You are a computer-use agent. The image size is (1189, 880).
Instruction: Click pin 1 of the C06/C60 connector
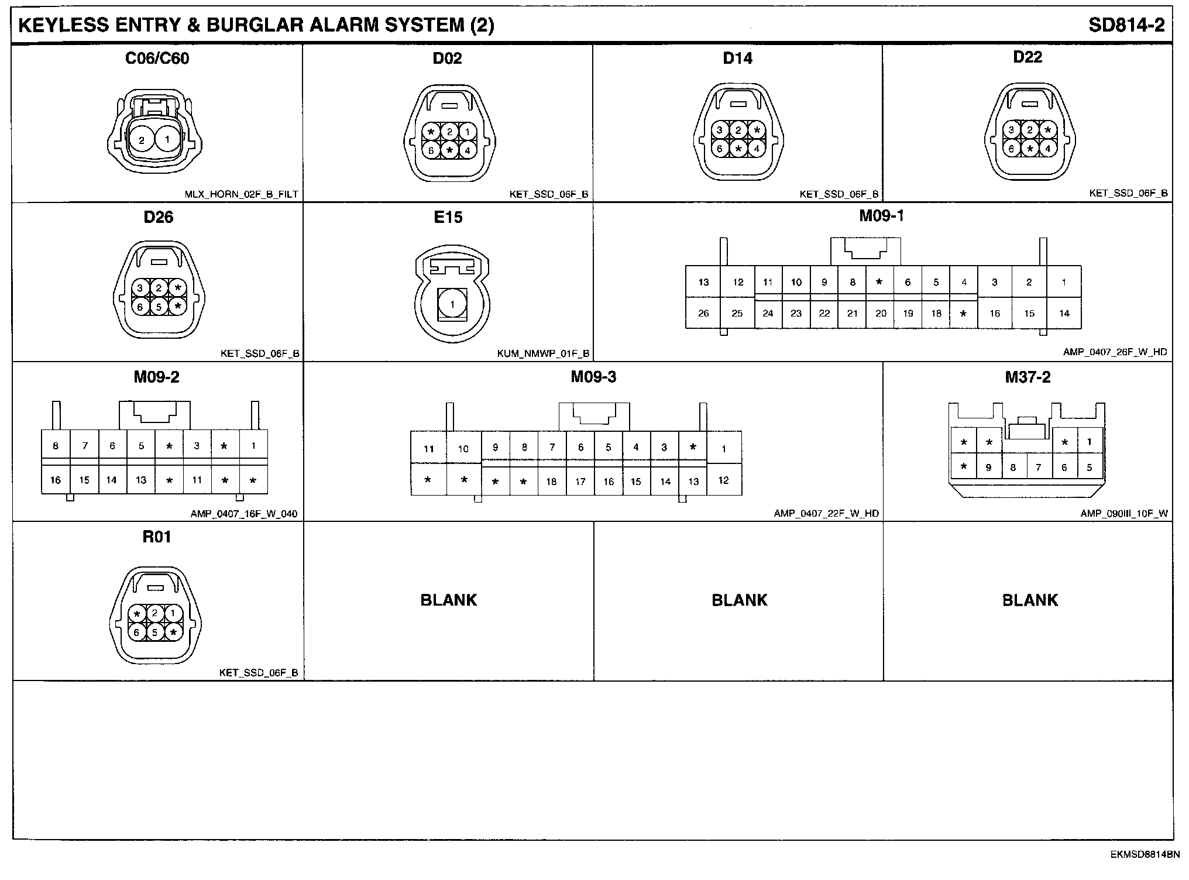click(x=168, y=140)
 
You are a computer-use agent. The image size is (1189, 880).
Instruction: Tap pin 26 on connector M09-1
click(x=703, y=314)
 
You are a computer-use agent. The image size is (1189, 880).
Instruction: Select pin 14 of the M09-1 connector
click(x=1064, y=314)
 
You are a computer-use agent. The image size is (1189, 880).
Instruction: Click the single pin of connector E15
click(x=452, y=304)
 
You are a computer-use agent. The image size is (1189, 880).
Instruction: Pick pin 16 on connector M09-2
click(x=56, y=480)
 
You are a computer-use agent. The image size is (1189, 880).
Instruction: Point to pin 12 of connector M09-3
click(x=724, y=480)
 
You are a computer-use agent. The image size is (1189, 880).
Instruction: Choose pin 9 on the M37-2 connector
click(x=989, y=467)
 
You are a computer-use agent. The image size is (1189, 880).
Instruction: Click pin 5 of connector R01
click(x=155, y=632)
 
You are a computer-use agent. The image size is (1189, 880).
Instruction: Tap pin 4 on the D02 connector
click(x=467, y=150)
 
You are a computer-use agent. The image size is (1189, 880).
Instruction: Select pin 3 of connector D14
click(x=720, y=130)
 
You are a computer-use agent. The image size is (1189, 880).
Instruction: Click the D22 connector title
click(x=1028, y=57)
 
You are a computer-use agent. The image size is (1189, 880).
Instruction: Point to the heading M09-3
click(x=593, y=377)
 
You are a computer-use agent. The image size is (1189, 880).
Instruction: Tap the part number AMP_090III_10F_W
click(x=1124, y=514)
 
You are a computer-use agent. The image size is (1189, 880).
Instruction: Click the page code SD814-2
click(x=1126, y=25)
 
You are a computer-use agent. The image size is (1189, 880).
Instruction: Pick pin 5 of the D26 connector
click(x=159, y=307)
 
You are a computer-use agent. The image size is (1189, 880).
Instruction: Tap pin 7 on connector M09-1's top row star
click(x=879, y=282)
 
